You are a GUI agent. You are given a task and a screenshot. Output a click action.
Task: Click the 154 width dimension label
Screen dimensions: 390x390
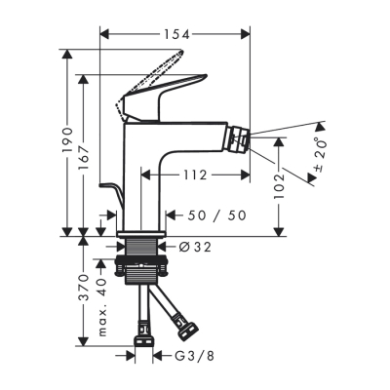coord(175,33)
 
